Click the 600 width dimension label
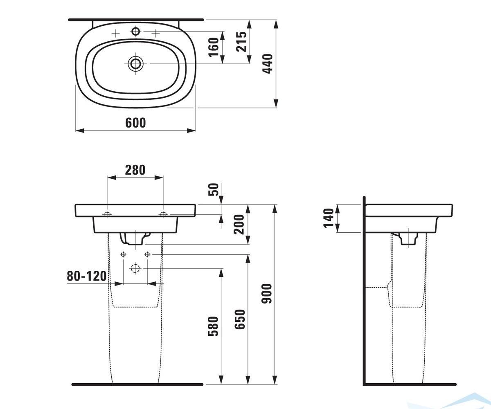135,123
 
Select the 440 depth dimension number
267,64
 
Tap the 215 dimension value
241,42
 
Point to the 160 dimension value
214,47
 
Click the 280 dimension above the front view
135,170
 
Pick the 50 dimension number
214,189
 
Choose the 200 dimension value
239,225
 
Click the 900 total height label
267,294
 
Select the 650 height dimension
240,319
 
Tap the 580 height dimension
213,326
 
